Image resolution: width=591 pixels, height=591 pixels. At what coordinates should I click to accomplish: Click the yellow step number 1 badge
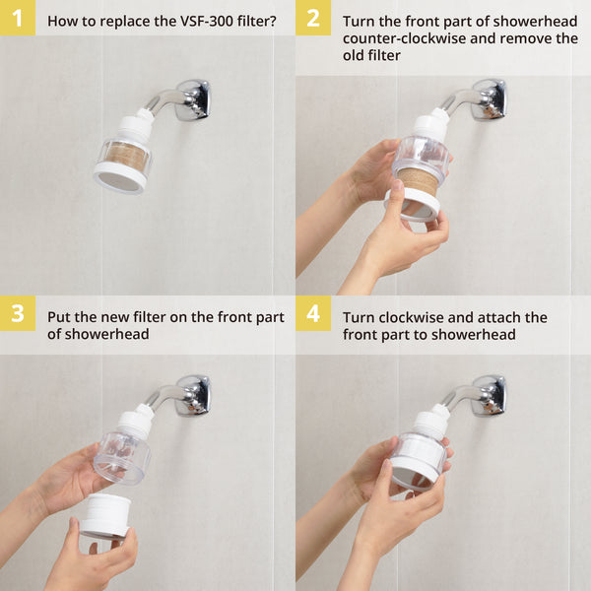[x=17, y=18]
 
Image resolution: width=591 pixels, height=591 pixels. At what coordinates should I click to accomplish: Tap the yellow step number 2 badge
[x=312, y=18]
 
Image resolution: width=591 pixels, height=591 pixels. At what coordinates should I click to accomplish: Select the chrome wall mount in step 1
[x=192, y=98]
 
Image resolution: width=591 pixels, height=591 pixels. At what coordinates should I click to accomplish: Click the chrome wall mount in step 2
[x=488, y=98]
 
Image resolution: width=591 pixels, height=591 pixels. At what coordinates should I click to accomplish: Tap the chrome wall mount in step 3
[x=192, y=394]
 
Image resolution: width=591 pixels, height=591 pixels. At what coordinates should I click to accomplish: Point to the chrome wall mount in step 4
[x=488, y=394]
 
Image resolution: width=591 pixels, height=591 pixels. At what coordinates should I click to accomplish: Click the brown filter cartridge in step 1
[x=125, y=157]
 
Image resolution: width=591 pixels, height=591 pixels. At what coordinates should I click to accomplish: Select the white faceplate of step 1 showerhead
[x=119, y=179]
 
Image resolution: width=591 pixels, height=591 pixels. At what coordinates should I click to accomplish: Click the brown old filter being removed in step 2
[x=419, y=181]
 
